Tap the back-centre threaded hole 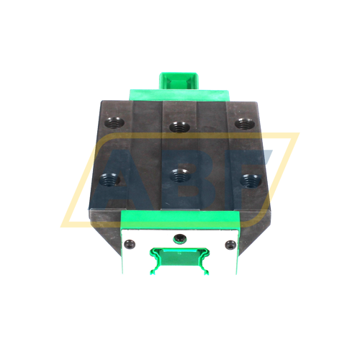pos(178,128)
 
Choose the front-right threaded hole pos(250,179)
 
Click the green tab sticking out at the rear pos(178,80)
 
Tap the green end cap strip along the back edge pos(178,94)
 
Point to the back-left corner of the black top pos(102,102)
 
